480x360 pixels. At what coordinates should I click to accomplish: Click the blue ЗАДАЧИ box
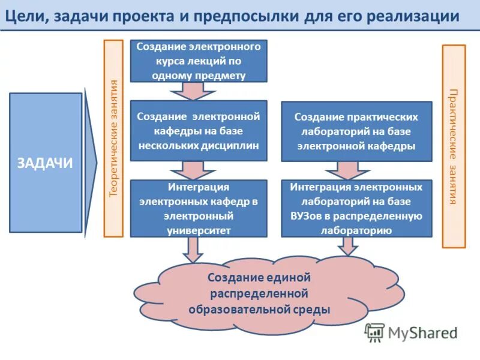[x=46, y=163]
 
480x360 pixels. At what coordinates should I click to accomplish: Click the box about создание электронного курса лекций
[x=199, y=61]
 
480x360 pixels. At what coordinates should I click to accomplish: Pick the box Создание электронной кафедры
[x=199, y=130]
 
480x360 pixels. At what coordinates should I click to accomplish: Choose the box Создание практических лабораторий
[x=356, y=131]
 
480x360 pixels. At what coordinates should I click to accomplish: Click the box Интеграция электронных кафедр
[x=199, y=208]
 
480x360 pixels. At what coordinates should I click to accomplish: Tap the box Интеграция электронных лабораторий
[x=356, y=208]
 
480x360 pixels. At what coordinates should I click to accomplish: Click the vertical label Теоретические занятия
[x=113, y=138]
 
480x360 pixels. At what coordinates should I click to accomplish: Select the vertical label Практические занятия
[x=454, y=146]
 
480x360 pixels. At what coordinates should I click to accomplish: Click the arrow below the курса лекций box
[x=192, y=91]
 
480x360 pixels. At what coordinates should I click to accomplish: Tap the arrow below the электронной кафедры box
[x=192, y=170]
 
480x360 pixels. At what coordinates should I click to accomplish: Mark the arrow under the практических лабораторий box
[x=349, y=170]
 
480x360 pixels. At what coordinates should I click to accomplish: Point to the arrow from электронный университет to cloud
[x=192, y=248]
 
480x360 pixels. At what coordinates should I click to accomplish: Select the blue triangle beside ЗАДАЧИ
[x=91, y=163]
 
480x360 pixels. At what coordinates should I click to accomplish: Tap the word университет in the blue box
[x=199, y=229]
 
